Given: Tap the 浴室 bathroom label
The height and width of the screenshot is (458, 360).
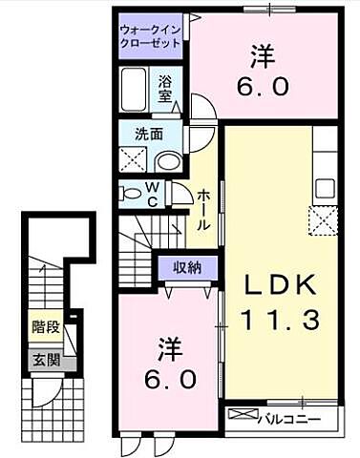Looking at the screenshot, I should click(165, 89).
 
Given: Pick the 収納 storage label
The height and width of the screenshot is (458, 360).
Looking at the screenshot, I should click(187, 268).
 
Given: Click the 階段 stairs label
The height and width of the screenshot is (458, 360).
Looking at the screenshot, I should click(44, 327).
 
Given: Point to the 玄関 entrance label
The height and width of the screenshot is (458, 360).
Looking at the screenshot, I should click(44, 360).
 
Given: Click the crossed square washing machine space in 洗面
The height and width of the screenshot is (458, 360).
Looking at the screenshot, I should click(133, 159).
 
